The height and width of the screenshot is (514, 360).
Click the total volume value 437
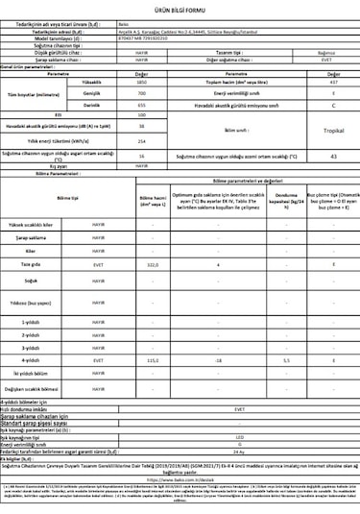coord(333,83)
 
